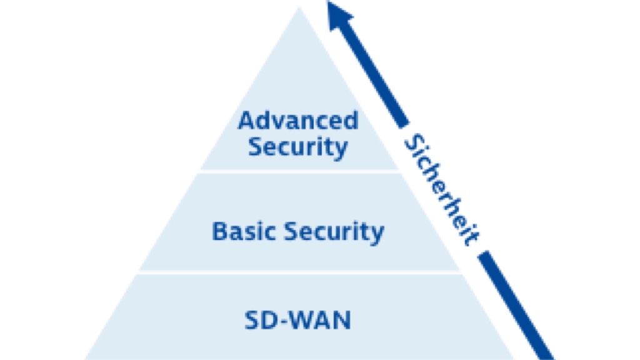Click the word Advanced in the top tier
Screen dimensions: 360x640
[298, 121]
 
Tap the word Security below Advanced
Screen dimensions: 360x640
[297, 147]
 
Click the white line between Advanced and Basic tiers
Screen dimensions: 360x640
[299, 171]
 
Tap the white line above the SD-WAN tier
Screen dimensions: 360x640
[299, 272]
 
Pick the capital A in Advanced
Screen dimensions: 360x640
[247, 121]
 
